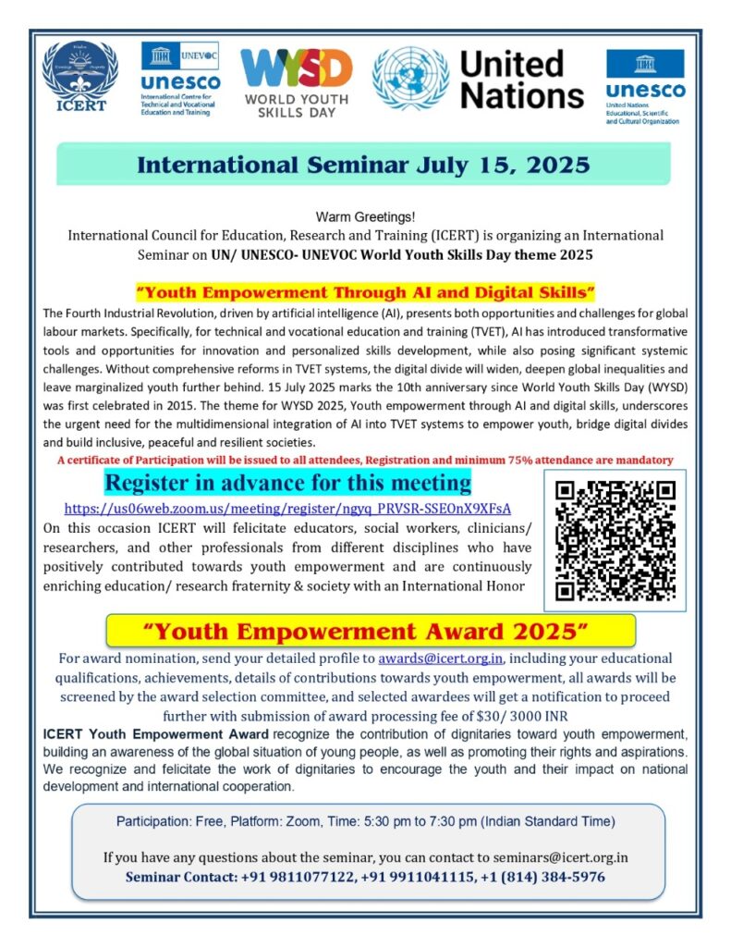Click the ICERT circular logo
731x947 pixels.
click(80, 77)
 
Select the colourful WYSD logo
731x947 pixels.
click(296, 79)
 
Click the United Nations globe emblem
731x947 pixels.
click(410, 79)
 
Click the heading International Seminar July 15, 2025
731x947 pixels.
click(363, 165)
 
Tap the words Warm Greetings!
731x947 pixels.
click(365, 217)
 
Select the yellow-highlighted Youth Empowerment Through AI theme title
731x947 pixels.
click(365, 292)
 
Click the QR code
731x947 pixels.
click(614, 540)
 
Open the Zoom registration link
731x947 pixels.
click(287, 509)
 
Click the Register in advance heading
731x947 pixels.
click(287, 483)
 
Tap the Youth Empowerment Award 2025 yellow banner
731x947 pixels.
click(371, 632)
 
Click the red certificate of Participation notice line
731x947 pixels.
click(365, 460)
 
